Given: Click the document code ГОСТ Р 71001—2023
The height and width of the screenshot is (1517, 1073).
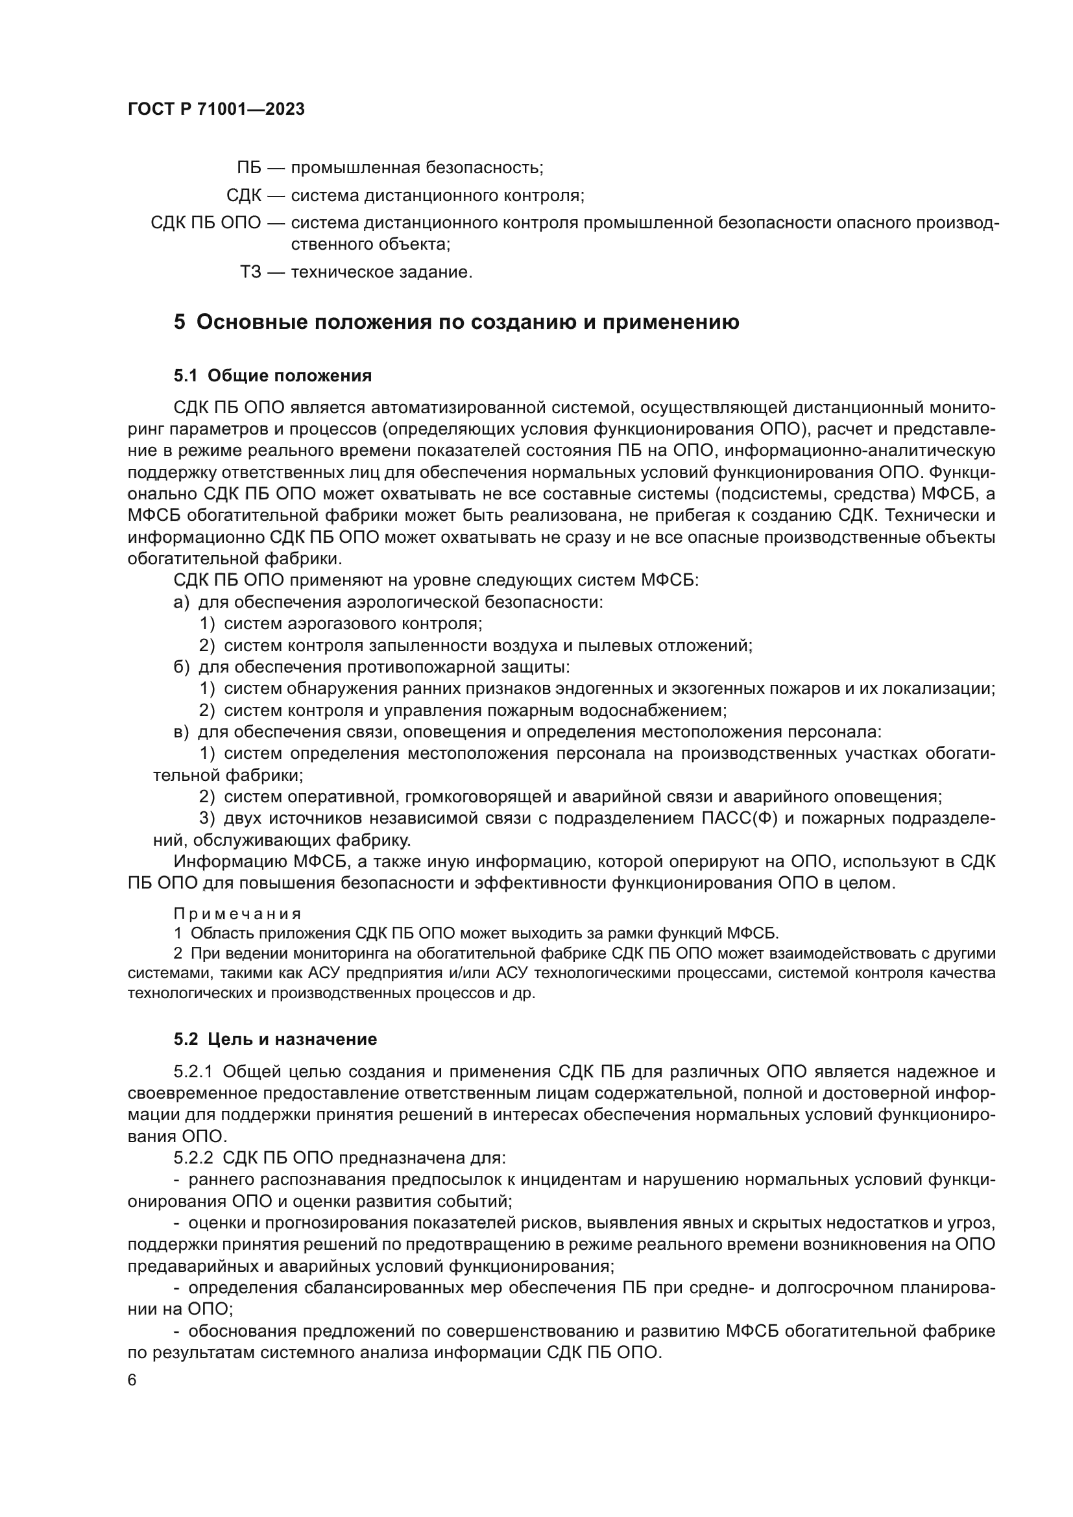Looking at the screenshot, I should click(216, 109).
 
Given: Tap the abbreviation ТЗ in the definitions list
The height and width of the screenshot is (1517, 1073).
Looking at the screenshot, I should click(250, 272).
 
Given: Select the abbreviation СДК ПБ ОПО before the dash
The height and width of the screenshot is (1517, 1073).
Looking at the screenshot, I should click(206, 222).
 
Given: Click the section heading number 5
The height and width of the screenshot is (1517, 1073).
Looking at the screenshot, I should click(180, 322).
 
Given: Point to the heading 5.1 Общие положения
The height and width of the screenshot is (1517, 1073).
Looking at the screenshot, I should click(272, 376).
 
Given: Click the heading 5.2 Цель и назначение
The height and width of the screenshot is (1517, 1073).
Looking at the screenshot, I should click(275, 1038).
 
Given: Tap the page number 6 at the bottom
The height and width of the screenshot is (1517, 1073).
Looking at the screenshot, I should click(132, 1380).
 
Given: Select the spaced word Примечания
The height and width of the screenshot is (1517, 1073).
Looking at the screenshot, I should click(237, 914).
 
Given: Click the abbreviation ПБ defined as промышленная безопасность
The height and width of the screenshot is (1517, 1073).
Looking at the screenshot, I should click(249, 168).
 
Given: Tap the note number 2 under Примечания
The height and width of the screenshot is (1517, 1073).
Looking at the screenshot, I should click(178, 953).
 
